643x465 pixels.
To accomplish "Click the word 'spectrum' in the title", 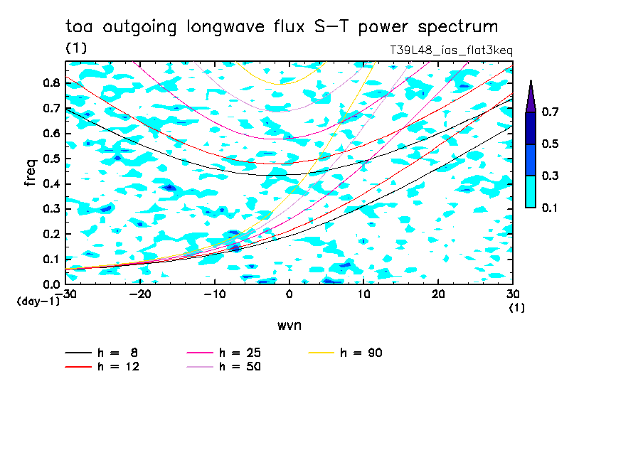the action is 457,27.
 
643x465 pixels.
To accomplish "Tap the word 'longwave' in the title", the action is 226,27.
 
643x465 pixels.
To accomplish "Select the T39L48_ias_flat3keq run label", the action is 451,50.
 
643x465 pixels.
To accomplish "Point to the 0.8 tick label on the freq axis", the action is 52,82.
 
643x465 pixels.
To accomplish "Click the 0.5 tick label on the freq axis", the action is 52,159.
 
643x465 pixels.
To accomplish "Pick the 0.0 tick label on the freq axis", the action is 52,284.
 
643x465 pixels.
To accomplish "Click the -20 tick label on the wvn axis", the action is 140,294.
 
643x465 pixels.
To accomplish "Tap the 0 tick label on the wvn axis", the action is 289,294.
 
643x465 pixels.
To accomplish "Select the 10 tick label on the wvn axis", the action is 363,294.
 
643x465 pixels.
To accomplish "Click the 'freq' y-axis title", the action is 31,173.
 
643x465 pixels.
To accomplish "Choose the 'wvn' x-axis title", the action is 289,326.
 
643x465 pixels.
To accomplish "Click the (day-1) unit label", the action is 38,301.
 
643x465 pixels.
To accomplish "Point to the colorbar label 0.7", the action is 551,112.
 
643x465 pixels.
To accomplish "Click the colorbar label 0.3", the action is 551,176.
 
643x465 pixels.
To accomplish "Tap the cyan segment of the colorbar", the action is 531,192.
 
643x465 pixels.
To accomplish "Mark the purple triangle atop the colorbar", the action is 531,97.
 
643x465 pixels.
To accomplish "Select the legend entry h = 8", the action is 101,353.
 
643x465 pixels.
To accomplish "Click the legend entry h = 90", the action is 345,353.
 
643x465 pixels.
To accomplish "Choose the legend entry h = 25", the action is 223,353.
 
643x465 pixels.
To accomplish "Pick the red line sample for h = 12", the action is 78,367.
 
